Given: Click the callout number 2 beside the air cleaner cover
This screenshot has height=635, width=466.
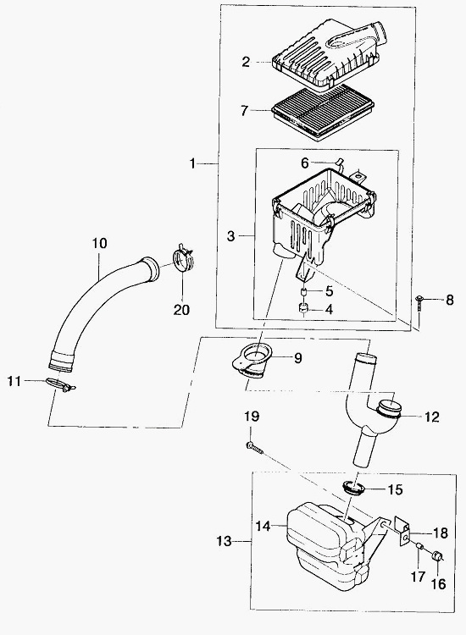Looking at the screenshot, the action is (x=246, y=62).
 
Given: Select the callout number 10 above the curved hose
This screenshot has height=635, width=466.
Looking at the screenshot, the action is (x=100, y=243).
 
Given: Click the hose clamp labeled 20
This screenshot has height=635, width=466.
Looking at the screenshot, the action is (x=183, y=260).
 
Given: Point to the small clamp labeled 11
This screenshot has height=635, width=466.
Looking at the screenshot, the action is (x=60, y=384).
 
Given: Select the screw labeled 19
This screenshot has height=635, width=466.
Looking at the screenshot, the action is (x=254, y=447).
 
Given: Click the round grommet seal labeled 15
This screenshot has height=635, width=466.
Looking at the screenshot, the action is (x=354, y=487).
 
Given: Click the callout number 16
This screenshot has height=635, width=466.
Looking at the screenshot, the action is (x=438, y=583).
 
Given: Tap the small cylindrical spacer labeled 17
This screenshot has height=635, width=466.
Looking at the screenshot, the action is (x=419, y=548).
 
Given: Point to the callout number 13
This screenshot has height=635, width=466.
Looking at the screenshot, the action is (x=224, y=541).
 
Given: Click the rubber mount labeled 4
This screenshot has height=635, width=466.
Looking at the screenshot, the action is (x=303, y=309).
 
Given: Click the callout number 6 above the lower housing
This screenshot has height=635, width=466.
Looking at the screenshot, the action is (x=305, y=163).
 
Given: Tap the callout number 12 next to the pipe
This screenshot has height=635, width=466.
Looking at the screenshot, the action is (x=432, y=417).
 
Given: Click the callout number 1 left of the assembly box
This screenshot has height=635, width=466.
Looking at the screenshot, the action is (x=193, y=163).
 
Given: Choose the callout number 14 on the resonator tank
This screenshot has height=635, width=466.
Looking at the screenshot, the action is (x=263, y=526).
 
